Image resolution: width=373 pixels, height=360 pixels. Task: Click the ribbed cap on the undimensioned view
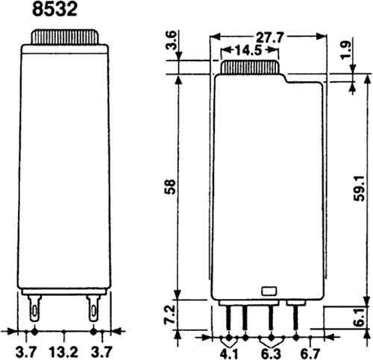pyautogui.click(x=63, y=37)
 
